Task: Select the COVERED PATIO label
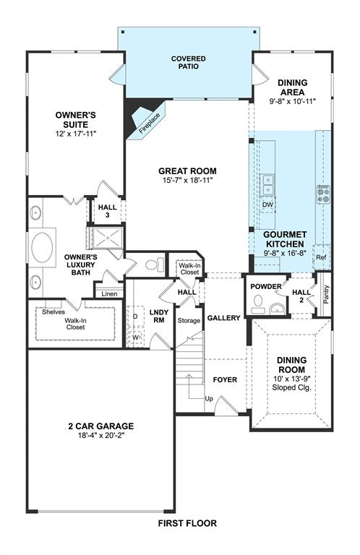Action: (188, 62)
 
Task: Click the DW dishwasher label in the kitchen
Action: (267, 205)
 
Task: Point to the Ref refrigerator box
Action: (321, 258)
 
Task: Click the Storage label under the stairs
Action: (189, 320)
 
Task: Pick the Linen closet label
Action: (109, 293)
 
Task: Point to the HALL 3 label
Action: (108, 212)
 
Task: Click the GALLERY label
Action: (223, 318)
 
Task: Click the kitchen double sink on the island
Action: (268, 185)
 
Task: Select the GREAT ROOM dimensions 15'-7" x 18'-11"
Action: (187, 181)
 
